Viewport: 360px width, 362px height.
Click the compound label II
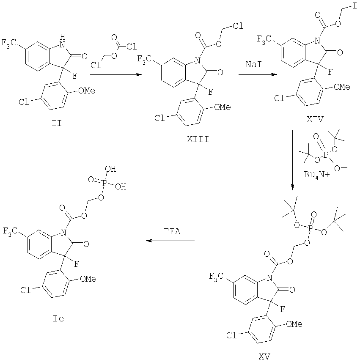pyautogui.click(x=57, y=123)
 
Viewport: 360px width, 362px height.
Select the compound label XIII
pyautogui.click(x=198, y=140)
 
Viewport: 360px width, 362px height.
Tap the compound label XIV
pyautogui.click(x=315, y=119)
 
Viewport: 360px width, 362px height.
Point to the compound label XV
pyautogui.click(x=264, y=357)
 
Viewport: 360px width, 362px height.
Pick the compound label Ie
pyautogui.click(x=58, y=319)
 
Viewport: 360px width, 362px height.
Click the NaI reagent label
pyautogui.click(x=253, y=64)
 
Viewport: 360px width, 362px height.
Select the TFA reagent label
pyautogui.click(x=172, y=231)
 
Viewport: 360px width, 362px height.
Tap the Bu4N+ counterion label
pyautogui.click(x=316, y=175)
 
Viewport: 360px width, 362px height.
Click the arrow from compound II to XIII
pyautogui.click(x=115, y=74)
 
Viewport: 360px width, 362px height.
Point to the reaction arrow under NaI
pyautogui.click(x=258, y=74)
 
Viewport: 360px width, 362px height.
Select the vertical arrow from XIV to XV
pyautogui.click(x=293, y=160)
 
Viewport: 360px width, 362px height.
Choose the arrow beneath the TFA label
pyautogui.click(x=170, y=241)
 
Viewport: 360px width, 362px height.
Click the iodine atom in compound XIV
pyautogui.click(x=355, y=6)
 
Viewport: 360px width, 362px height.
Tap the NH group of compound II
pyautogui.click(x=62, y=41)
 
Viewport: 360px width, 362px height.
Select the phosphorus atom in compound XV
pyautogui.click(x=311, y=228)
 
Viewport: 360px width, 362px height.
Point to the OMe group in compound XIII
pyautogui.click(x=223, y=107)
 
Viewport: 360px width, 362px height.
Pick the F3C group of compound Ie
pyautogui.click(x=10, y=231)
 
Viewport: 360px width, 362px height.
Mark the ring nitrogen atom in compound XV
pyautogui.click(x=269, y=278)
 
